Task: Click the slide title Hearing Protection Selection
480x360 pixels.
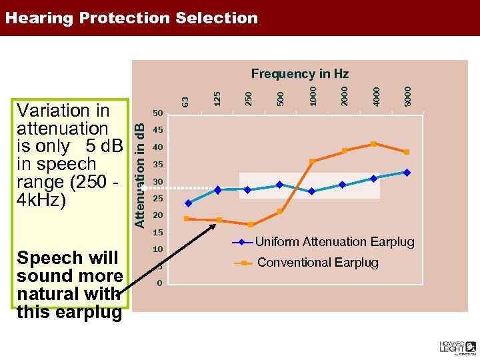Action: coord(131,18)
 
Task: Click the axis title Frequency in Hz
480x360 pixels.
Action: coord(299,73)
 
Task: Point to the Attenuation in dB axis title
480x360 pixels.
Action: coord(140,167)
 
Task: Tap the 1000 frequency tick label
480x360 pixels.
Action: coord(313,93)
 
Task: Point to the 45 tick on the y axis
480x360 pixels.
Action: coord(158,130)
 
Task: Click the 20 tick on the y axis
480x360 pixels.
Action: coord(158,215)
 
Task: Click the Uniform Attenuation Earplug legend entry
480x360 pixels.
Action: coord(334,242)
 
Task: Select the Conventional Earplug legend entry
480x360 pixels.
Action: coord(317,263)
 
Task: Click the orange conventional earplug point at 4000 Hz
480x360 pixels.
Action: coord(373,144)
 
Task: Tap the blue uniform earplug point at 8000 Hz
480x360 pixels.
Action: coord(407,172)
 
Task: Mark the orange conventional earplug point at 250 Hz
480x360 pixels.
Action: coord(251,225)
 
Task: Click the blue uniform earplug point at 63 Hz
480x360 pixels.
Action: coord(188,203)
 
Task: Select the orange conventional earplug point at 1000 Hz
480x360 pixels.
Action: coord(312,161)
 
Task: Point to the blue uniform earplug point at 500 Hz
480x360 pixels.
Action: coord(280,185)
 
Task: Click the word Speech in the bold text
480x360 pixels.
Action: coord(44,258)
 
